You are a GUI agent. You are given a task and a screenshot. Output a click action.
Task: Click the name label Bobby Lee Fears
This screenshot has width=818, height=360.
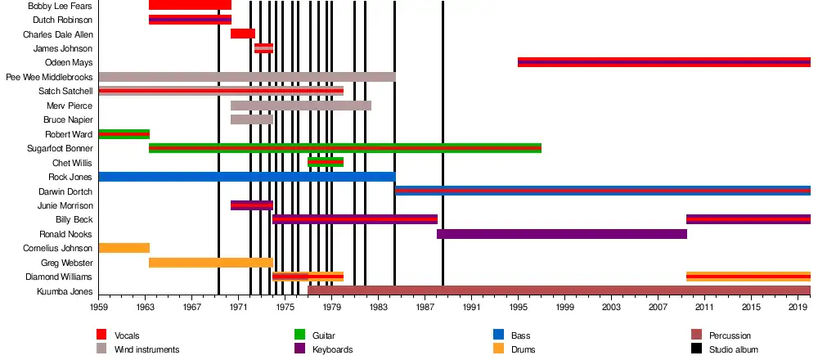coord(60,6)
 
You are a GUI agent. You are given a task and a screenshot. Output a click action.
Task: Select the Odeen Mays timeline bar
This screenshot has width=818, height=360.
coord(663,62)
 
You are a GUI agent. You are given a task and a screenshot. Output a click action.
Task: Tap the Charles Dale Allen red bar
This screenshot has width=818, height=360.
coord(243,34)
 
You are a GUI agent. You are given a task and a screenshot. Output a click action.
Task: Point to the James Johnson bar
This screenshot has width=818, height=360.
coord(263,48)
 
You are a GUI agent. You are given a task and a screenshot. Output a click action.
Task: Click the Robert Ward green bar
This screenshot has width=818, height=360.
coord(124,134)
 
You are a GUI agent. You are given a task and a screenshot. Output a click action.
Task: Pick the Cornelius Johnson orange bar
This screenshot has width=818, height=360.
coord(124,248)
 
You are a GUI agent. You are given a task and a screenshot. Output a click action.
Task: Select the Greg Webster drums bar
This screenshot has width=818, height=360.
coord(210,263)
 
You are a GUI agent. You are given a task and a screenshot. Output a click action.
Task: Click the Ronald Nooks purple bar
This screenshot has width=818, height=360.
coord(561,234)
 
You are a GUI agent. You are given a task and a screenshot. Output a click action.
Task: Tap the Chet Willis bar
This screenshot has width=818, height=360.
coord(325,162)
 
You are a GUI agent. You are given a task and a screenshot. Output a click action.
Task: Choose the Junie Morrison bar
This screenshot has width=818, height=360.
coord(251,205)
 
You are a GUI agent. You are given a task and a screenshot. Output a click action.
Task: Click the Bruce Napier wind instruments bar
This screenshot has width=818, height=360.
coord(251,119)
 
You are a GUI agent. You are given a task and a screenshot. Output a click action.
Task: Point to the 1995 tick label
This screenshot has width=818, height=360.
coord(518,307)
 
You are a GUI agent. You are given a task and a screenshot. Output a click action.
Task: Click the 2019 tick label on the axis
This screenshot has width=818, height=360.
coord(798,307)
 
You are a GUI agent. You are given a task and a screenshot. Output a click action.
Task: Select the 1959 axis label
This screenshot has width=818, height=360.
coord(99,307)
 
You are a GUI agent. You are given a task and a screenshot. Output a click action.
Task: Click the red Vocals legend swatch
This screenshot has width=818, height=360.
coord(102,335)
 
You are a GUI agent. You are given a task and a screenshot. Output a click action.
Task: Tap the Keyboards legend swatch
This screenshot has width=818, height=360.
coord(300,349)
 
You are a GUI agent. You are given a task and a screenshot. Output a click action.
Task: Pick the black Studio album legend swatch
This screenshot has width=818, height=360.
coord(697,349)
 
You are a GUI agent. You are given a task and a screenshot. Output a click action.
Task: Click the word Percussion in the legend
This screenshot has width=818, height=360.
coord(730,335)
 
